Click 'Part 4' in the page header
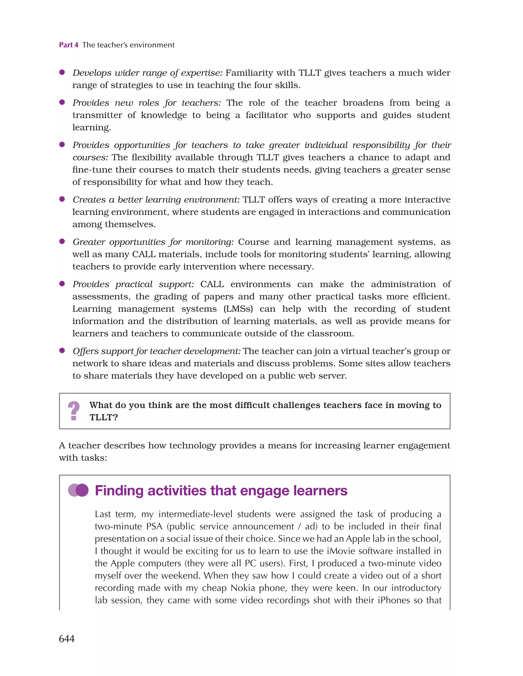click(x=68, y=45)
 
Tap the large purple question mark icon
click(x=74, y=411)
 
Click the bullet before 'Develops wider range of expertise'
click(x=62, y=72)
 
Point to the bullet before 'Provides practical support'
click(x=62, y=284)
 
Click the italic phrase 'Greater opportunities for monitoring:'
click(x=153, y=242)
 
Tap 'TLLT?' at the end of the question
click(x=104, y=417)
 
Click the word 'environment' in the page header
click(x=152, y=45)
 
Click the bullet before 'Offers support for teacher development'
click(x=62, y=350)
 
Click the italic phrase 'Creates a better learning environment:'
click(x=156, y=200)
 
